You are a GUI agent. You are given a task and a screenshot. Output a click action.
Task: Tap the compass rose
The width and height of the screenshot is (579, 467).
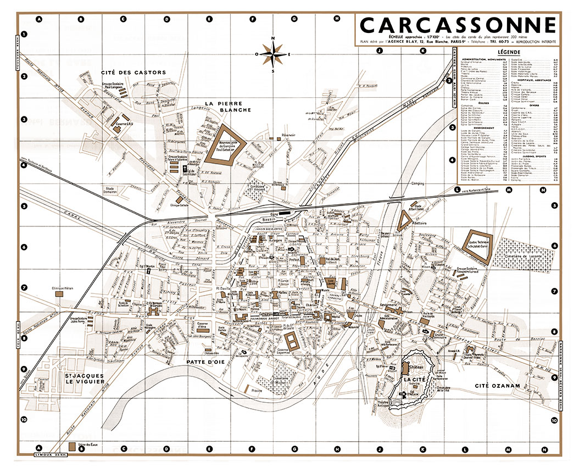[273, 54]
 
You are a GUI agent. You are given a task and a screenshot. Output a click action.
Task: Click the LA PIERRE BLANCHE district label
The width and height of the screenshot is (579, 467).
[227, 106]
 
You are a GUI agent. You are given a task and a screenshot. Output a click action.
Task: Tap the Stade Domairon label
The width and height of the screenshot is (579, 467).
[113, 190]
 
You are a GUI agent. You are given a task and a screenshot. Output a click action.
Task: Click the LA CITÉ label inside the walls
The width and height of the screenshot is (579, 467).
[411, 379]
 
